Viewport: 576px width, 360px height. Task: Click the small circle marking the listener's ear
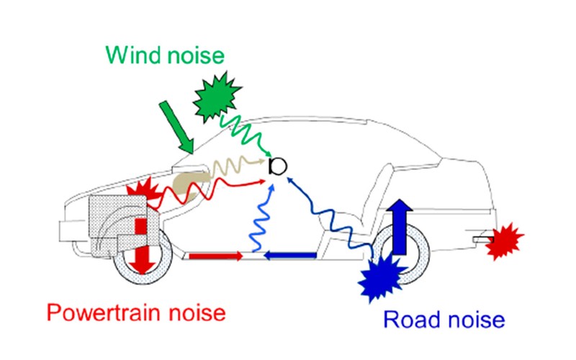coord(277,167)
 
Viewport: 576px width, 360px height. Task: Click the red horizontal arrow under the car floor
coord(215,256)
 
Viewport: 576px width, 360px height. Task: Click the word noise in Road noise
coord(476,319)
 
